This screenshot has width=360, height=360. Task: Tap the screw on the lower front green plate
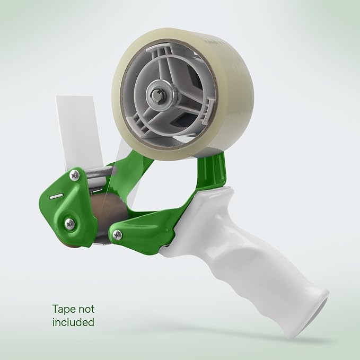[69, 223]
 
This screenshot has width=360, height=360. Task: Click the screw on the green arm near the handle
[117, 234]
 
